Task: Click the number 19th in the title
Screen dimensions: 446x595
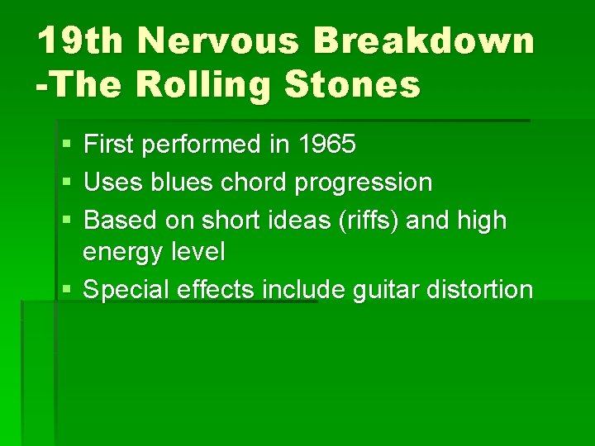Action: click(79, 40)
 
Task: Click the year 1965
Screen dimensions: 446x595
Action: click(326, 145)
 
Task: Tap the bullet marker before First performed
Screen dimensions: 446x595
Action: click(66, 146)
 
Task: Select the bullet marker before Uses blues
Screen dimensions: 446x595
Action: click(66, 183)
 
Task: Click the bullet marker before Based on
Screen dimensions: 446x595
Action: click(66, 221)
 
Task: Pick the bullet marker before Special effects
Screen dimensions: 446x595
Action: click(66, 290)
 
